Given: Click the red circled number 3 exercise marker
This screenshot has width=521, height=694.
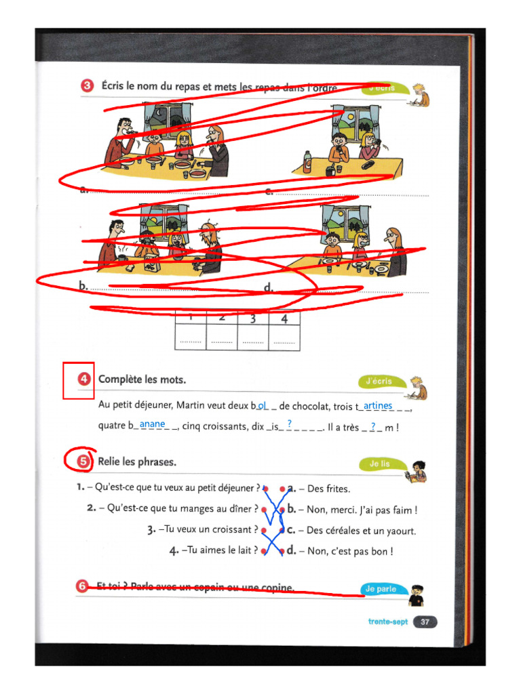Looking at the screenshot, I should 87,86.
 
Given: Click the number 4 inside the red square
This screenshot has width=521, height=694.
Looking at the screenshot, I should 84,380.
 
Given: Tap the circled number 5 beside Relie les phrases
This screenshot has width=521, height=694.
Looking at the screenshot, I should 83,462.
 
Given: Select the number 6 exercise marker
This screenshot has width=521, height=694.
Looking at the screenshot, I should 83,587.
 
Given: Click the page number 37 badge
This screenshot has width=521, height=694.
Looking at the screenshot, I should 425,621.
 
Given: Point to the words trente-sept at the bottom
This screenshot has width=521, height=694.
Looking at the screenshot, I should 388,621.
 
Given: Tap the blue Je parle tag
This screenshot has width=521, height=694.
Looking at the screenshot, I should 380,589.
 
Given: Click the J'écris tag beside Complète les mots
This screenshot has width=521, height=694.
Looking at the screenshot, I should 379,382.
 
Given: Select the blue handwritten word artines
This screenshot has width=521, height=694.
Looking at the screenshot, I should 378,405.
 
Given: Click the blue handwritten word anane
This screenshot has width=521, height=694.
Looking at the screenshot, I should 153,424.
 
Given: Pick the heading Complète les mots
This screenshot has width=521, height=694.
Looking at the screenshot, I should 142,380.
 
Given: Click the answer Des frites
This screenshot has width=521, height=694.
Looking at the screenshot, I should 329,489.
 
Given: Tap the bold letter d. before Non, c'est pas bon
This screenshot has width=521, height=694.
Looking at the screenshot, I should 292,551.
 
